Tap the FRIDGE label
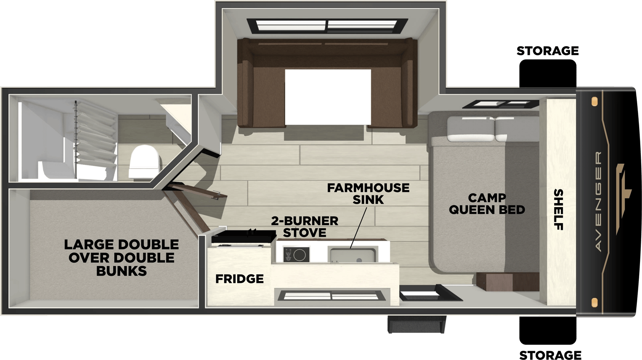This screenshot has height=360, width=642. coord(239,279)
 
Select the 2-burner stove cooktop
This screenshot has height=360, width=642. coord(297,254)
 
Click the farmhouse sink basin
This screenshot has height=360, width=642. coord(353,255)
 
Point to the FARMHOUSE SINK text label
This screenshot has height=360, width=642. coord(368,194)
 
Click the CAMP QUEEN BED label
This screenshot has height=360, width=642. coord(487,204)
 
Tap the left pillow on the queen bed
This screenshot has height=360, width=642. coord(471,129)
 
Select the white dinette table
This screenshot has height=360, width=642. coord(328,97)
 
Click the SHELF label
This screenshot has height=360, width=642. coord(559,209)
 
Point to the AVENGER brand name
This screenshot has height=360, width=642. coord(598,201)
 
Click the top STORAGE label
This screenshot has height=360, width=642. coord(548,51)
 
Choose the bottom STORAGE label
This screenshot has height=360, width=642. coord(550,355)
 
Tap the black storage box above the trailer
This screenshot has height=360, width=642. coord(548,73)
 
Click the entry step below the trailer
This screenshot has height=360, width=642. coord(417,324)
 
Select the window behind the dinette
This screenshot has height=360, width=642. coord(327,26)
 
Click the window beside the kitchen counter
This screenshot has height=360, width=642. coord(331,295)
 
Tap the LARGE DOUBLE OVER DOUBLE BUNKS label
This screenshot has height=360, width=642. coord(122,258)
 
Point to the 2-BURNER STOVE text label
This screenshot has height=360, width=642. coord(305,227)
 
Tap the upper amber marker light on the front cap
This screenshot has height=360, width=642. coord(594,102)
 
